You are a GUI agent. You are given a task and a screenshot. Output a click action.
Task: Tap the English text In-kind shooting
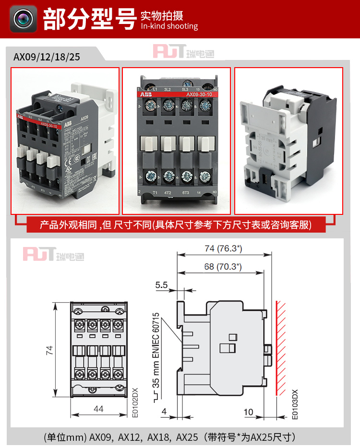point(169,26)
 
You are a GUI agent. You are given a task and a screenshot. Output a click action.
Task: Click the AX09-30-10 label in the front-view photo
point(199,94)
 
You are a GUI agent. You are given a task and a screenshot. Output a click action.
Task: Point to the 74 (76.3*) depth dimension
point(222,248)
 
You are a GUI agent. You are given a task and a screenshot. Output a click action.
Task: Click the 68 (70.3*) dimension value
point(222,267)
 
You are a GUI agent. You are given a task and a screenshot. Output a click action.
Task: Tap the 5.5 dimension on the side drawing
point(161,285)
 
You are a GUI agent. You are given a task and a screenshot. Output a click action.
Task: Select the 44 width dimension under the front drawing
point(98,409)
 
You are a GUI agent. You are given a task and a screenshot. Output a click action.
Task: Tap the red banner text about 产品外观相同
point(175,224)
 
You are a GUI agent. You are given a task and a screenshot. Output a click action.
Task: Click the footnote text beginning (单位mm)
point(169,437)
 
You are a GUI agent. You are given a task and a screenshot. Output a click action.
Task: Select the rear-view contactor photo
point(288,141)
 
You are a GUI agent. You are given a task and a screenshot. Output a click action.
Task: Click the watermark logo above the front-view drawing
point(53,254)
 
